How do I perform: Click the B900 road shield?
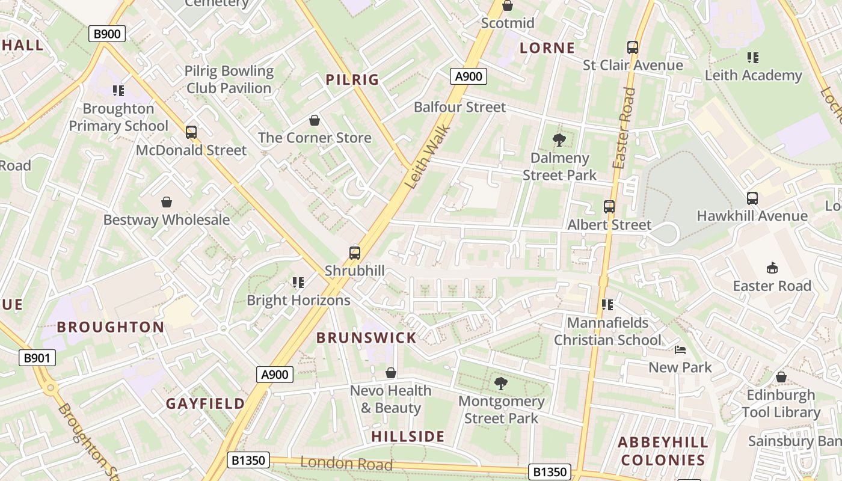click(x=107, y=34)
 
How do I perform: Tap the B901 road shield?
click(x=37, y=358)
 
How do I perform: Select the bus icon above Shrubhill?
click(x=355, y=253)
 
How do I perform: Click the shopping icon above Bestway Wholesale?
click(x=167, y=202)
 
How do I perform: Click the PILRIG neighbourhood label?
click(x=352, y=79)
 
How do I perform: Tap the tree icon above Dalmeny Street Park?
click(x=559, y=141)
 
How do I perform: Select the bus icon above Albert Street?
click(x=609, y=207)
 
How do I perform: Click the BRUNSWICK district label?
click(x=366, y=338)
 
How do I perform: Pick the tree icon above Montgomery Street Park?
click(x=500, y=383)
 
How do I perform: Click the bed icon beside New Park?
click(x=680, y=350)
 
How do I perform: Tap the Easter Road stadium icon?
click(x=772, y=268)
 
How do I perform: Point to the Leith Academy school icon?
click(x=753, y=58)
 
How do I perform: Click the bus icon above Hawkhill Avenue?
click(x=752, y=198)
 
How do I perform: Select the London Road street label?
click(x=346, y=464)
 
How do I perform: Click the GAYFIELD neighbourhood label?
click(x=206, y=403)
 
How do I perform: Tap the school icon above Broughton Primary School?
click(x=118, y=91)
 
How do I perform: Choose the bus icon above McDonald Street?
click(x=191, y=132)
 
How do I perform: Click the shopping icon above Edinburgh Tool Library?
click(x=781, y=377)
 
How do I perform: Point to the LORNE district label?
click(x=547, y=48)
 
